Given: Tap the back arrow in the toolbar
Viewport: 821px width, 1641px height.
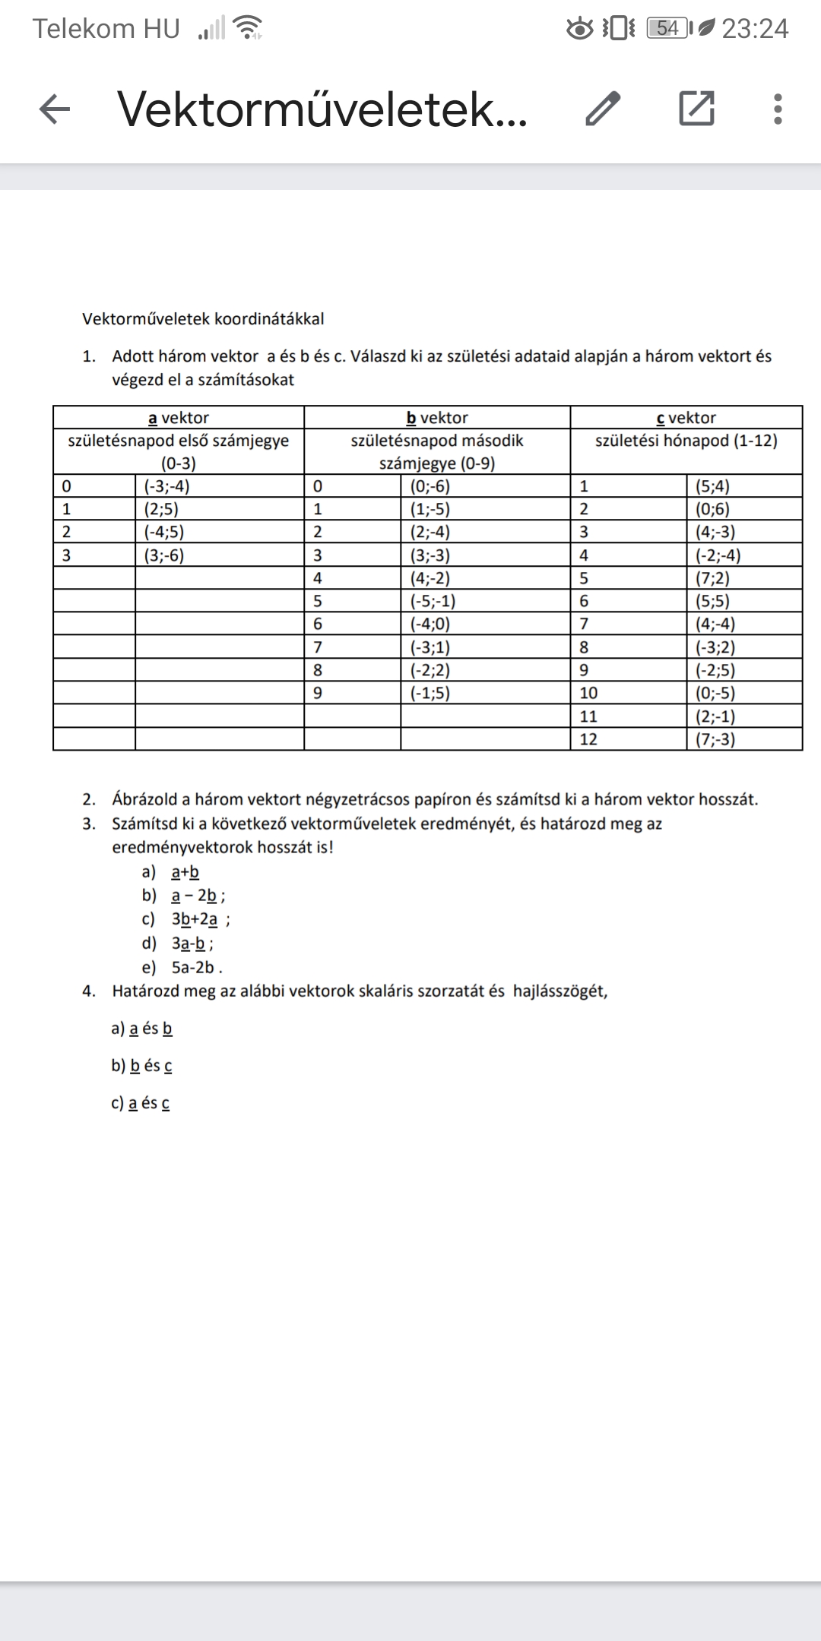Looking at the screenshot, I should pos(55,109).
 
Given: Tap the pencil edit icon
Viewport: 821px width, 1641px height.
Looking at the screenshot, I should pos(603,109).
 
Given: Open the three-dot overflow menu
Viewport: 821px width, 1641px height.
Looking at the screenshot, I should pos(777,109).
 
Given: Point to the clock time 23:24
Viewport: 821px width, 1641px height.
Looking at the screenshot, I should pos(755,29).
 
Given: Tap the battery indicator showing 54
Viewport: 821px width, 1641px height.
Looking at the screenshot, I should pos(667,29).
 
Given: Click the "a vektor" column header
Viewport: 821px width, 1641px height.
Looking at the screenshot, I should pos(179,418).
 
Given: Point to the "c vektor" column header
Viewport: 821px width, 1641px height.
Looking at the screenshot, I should pos(686,418).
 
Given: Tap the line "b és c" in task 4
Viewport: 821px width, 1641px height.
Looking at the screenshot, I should pos(151,1066).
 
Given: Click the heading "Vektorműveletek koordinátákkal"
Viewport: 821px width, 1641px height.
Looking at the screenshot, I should pos(203,319).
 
